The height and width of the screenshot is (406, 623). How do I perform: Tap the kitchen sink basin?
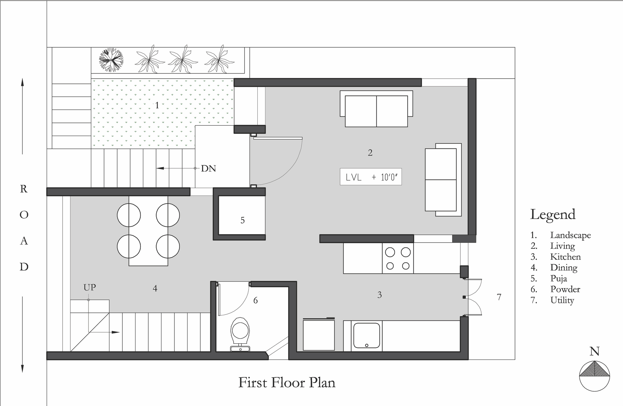click(x=367, y=336)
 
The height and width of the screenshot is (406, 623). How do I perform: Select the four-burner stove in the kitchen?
click(x=398, y=259)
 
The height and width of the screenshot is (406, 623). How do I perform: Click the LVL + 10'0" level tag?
click(x=371, y=177)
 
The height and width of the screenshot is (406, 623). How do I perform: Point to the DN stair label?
click(x=208, y=168)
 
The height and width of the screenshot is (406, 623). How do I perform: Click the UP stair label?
click(x=90, y=287)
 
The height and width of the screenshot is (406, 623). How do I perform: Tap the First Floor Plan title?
click(x=287, y=382)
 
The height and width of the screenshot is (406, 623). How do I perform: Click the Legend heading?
click(x=553, y=214)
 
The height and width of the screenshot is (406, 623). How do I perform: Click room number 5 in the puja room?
click(x=243, y=220)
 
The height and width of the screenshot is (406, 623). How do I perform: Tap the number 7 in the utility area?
click(x=499, y=297)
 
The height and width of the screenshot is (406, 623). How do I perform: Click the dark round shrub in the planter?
click(x=111, y=59)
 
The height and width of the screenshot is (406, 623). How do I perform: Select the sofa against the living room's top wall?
click(x=376, y=109)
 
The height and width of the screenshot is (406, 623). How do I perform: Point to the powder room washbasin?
click(x=240, y=349)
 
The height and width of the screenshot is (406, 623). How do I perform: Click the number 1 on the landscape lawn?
click(x=157, y=105)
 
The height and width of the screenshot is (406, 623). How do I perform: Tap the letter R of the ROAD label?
click(x=24, y=189)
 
